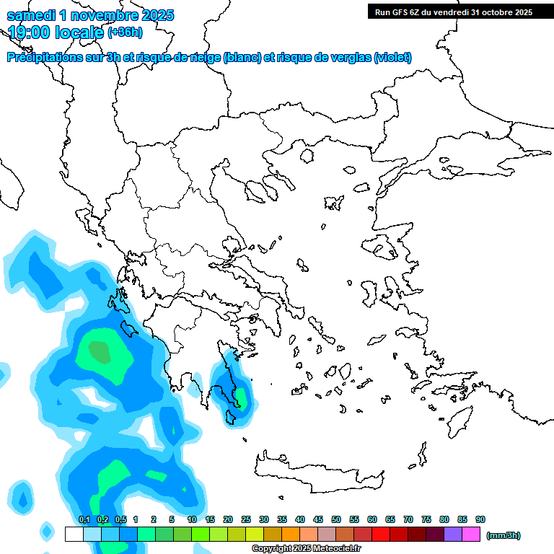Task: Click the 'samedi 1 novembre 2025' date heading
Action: [x=90, y=15]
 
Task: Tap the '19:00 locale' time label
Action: [x=56, y=32]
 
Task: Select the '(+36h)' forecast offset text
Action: [x=125, y=32]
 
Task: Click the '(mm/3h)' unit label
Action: [x=503, y=535]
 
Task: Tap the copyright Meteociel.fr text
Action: [x=307, y=549]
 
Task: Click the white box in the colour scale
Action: [x=74, y=535]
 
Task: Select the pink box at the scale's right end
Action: [x=471, y=535]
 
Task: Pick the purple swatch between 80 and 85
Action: [x=453, y=535]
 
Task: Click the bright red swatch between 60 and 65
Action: [x=381, y=535]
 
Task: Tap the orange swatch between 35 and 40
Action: [x=291, y=535]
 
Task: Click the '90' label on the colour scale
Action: [x=480, y=519]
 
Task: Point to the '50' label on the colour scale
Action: [x=336, y=519]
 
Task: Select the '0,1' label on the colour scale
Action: [x=84, y=519]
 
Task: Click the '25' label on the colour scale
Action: [x=246, y=519]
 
